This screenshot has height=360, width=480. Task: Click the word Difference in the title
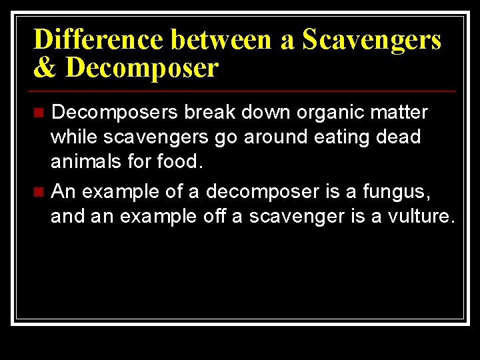tap(99, 40)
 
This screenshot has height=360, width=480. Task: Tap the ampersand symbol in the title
tap(45, 68)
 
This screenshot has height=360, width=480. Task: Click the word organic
tap(327, 112)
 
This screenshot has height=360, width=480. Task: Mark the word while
tap(73, 137)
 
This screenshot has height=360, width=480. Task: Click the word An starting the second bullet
tap(64, 192)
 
